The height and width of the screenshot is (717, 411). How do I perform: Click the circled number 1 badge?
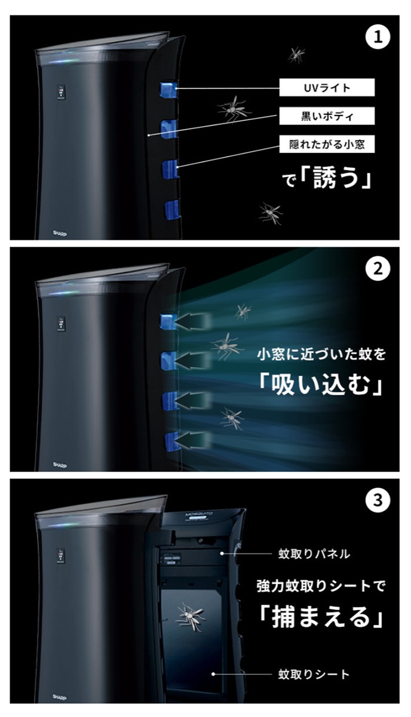(377, 38)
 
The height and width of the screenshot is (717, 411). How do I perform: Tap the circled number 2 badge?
(377, 269)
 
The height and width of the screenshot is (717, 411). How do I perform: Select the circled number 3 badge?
(377, 500)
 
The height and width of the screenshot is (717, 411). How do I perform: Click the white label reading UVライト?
(327, 88)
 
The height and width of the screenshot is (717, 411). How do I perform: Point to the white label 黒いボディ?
(327, 116)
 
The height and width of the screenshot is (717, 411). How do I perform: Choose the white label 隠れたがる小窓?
(327, 144)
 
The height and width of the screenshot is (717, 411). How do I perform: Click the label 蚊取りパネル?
(314, 554)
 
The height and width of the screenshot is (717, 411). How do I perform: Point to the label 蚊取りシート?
(314, 674)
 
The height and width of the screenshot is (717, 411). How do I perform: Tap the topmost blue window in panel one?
(167, 90)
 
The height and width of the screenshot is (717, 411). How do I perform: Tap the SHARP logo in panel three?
(59, 696)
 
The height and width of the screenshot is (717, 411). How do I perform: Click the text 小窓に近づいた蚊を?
(321, 354)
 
